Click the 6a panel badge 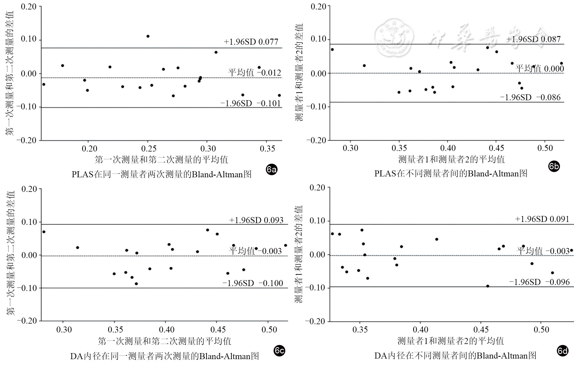pos(271,170)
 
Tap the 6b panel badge pos(554,166)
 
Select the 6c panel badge pos(279,351)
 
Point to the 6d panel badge pos(563,351)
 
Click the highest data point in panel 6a pos(148,36)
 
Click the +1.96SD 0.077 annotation pos(251,42)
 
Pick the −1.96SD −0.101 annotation pos(251,103)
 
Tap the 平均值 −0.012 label pos(254,73)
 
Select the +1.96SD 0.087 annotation pos(533,39)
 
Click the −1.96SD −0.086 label pos(530,97)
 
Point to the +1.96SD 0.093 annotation pos(256,220)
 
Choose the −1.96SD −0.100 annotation pos(253,283)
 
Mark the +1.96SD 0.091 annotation pos(542,219)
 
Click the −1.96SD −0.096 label pos(539,282)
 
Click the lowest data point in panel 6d pos(487,286)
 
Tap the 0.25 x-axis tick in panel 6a pos(149,149)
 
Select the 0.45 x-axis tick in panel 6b pos(496,148)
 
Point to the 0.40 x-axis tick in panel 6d pos(420,330)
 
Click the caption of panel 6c pos(165,356)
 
